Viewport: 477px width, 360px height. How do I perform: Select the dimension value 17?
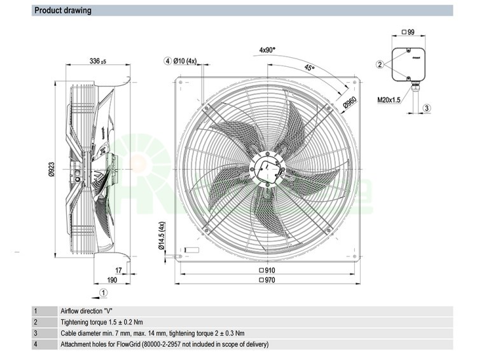119,270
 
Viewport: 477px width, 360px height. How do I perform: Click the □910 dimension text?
267,270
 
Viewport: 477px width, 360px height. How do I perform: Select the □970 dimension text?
267,280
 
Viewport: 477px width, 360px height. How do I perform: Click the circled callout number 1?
104,293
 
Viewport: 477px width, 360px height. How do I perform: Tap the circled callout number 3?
427,108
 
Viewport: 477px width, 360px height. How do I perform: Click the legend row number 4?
36,345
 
